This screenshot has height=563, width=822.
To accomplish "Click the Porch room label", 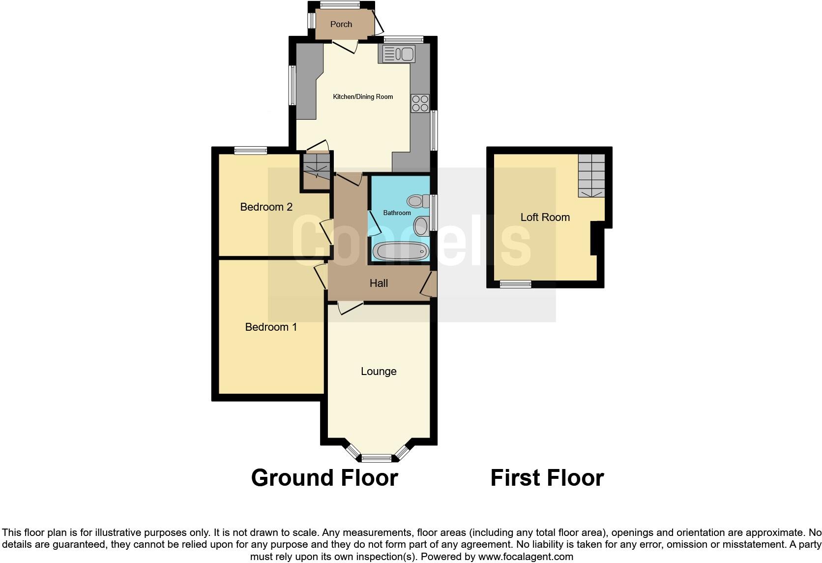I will (x=341, y=24).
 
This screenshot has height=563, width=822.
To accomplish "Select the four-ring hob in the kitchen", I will (x=420, y=103).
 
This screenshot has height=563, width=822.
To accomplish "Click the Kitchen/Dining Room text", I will (x=363, y=97).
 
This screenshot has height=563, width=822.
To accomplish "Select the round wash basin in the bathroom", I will (x=421, y=226).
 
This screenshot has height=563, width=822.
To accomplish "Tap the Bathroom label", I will (x=397, y=213).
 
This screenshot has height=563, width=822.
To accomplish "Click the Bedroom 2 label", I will (x=266, y=207).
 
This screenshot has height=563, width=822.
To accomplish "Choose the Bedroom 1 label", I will (x=271, y=327).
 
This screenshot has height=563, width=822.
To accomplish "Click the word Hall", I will (x=379, y=283).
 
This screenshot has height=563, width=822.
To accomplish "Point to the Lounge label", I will (x=379, y=372).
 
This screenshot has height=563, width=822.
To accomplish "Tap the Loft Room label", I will (x=545, y=218).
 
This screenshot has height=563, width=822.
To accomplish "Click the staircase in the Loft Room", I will (x=591, y=176).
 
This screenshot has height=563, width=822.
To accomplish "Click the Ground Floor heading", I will (x=324, y=478).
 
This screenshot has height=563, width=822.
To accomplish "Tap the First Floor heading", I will (x=547, y=478).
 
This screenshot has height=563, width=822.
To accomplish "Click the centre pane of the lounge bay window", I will (x=377, y=458).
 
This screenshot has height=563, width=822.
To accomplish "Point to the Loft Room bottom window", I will (x=516, y=284).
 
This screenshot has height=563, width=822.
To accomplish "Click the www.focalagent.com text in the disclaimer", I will (x=526, y=557).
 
